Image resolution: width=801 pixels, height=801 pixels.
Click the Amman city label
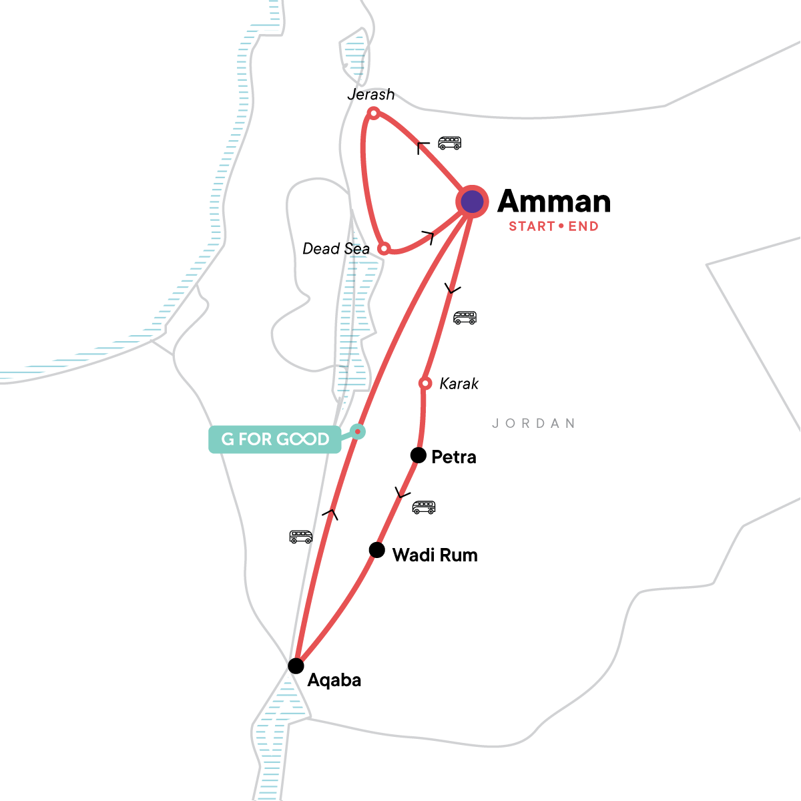(554, 202)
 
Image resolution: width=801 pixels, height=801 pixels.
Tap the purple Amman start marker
(473, 202)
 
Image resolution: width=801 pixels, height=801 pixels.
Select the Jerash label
(371, 95)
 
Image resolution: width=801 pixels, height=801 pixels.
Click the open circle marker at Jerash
(374, 113)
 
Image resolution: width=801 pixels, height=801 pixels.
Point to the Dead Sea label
(336, 249)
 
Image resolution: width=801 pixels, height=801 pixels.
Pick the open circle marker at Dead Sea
(384, 249)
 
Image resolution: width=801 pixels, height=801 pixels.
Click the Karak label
(459, 384)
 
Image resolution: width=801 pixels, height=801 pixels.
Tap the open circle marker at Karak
(425, 383)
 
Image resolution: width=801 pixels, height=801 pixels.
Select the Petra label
(454, 457)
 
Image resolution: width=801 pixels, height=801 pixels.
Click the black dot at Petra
(418, 455)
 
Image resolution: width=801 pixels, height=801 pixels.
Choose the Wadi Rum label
(435, 555)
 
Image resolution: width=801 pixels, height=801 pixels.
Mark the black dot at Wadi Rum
(377, 551)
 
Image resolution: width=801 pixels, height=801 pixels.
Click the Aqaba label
(334, 680)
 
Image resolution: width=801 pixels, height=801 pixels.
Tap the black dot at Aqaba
(296, 665)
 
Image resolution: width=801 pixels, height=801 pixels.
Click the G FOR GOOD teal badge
(275, 439)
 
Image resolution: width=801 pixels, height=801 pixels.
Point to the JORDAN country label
(533, 423)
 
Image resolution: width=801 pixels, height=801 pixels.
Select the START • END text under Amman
(553, 226)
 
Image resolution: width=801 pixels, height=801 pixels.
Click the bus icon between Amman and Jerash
(449, 143)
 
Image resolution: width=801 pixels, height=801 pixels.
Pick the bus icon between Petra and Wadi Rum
(424, 507)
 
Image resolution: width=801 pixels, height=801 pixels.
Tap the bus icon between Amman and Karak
(465, 318)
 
